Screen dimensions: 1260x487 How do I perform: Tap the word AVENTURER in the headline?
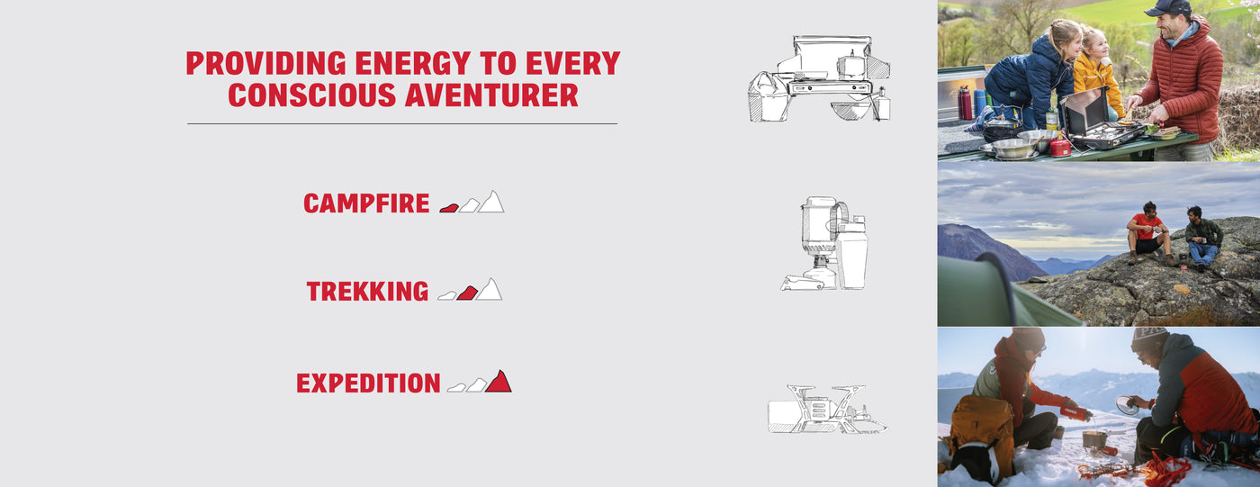coord(491,95)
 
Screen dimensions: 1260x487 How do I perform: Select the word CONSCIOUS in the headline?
coord(311,95)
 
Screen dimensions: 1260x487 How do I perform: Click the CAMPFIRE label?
coord(366,203)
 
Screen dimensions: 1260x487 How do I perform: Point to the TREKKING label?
coord(367,292)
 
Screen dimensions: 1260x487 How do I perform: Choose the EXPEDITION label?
coord(368,383)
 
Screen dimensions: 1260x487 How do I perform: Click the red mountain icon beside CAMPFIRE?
coord(449,208)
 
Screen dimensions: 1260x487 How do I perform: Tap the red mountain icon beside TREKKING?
coord(467,293)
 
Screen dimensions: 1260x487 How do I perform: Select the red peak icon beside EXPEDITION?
coord(499,382)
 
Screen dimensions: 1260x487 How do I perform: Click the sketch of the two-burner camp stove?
coord(819,78)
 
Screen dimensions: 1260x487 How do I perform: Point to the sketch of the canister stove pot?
coord(825,243)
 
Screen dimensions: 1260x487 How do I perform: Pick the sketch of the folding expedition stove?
coord(826,410)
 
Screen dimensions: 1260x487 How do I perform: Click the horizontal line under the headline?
coord(402,123)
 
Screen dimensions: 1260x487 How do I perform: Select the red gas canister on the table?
coord(1060,148)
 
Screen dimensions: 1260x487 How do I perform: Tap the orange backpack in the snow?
coord(982,438)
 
